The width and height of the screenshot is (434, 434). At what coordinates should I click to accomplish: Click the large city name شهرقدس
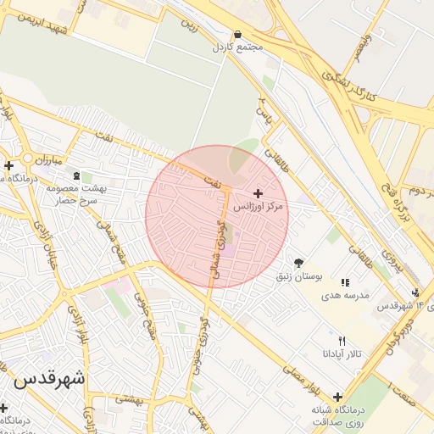[48, 378]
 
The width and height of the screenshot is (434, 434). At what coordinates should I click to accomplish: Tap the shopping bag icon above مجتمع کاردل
[236, 35]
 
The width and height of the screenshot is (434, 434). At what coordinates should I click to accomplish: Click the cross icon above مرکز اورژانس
[258, 194]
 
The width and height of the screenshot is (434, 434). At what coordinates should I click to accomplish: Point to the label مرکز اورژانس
[259, 207]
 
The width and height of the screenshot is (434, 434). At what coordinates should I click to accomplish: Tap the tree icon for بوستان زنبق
[298, 263]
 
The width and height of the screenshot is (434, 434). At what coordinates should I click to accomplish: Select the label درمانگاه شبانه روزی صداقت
[337, 415]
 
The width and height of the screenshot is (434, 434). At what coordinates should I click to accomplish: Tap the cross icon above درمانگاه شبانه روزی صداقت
[337, 397]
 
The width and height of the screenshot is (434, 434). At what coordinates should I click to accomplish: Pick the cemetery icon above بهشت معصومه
[77, 176]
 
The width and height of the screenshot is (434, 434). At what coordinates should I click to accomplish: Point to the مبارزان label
[37, 159]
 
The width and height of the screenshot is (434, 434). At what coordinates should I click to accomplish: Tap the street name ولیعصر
[359, 44]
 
